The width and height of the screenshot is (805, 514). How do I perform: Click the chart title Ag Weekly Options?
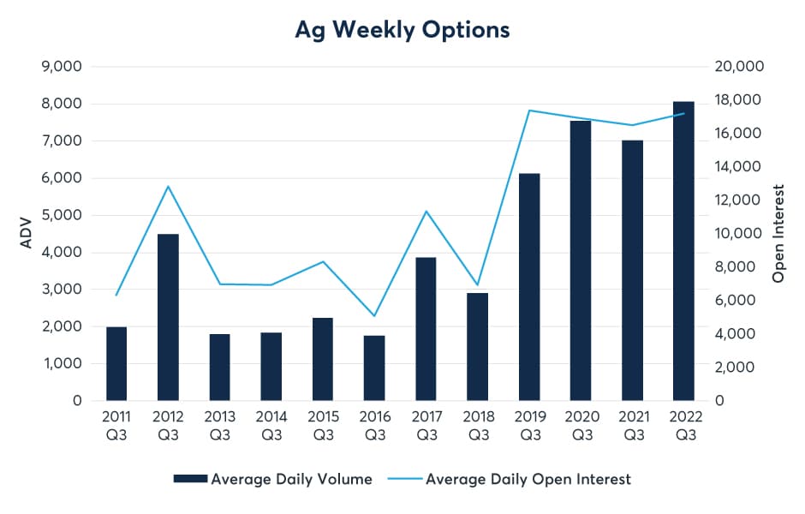tap(402, 29)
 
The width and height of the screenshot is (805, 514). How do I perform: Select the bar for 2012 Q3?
tap(168, 317)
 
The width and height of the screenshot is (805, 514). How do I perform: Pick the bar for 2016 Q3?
tap(374, 368)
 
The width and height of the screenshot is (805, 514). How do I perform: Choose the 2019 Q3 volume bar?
tap(528, 287)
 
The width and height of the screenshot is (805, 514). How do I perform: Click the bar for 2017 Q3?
tap(426, 329)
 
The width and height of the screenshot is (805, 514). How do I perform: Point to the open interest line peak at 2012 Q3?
tap(168, 186)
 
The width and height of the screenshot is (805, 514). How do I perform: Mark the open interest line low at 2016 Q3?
tap(374, 316)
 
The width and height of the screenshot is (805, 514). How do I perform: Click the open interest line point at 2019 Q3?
tap(528, 111)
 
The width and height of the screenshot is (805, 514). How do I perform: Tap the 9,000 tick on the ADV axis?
tap(62, 67)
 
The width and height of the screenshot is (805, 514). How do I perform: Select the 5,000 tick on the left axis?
tap(62, 215)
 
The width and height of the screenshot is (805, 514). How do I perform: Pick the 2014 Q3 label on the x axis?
tap(271, 427)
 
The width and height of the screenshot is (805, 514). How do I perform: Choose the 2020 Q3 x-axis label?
tap(581, 427)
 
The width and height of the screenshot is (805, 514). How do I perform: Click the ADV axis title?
tap(26, 233)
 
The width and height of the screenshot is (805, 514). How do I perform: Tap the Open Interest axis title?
tap(778, 233)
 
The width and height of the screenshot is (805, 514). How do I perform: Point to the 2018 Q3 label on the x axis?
tap(477, 427)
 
